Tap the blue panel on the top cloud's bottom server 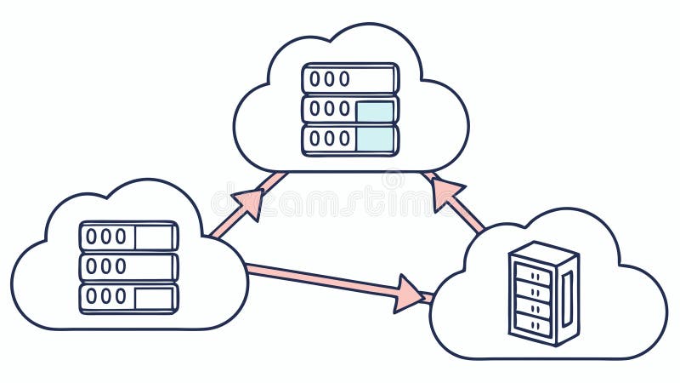[x=375, y=139]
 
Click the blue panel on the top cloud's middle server [x=375, y=110]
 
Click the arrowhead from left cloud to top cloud [x=249, y=203]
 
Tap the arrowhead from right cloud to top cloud [x=445, y=192]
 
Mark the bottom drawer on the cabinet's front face [x=533, y=323]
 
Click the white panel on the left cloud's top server [x=154, y=236]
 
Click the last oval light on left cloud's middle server [x=121, y=266]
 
